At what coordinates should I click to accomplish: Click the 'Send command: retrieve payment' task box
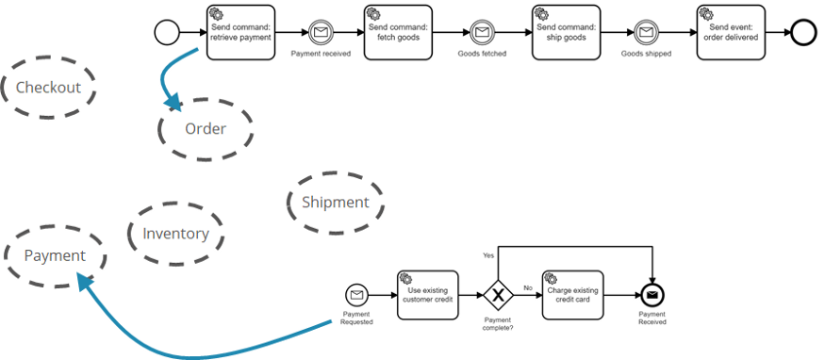click(240, 33)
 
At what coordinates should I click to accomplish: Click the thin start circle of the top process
click(167, 33)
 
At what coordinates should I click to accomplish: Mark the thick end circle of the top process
click(803, 33)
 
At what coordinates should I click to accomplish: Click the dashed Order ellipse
click(205, 128)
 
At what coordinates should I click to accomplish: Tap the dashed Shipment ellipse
click(335, 202)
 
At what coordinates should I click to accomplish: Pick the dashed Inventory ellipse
click(175, 234)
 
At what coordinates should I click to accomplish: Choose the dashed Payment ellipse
click(54, 255)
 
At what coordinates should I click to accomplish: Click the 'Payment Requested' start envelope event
click(356, 296)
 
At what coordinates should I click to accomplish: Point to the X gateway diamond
click(498, 296)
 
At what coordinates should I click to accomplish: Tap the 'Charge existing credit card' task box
click(571, 296)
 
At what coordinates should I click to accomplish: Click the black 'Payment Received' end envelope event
click(652, 296)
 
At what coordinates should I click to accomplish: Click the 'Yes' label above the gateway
click(488, 255)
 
